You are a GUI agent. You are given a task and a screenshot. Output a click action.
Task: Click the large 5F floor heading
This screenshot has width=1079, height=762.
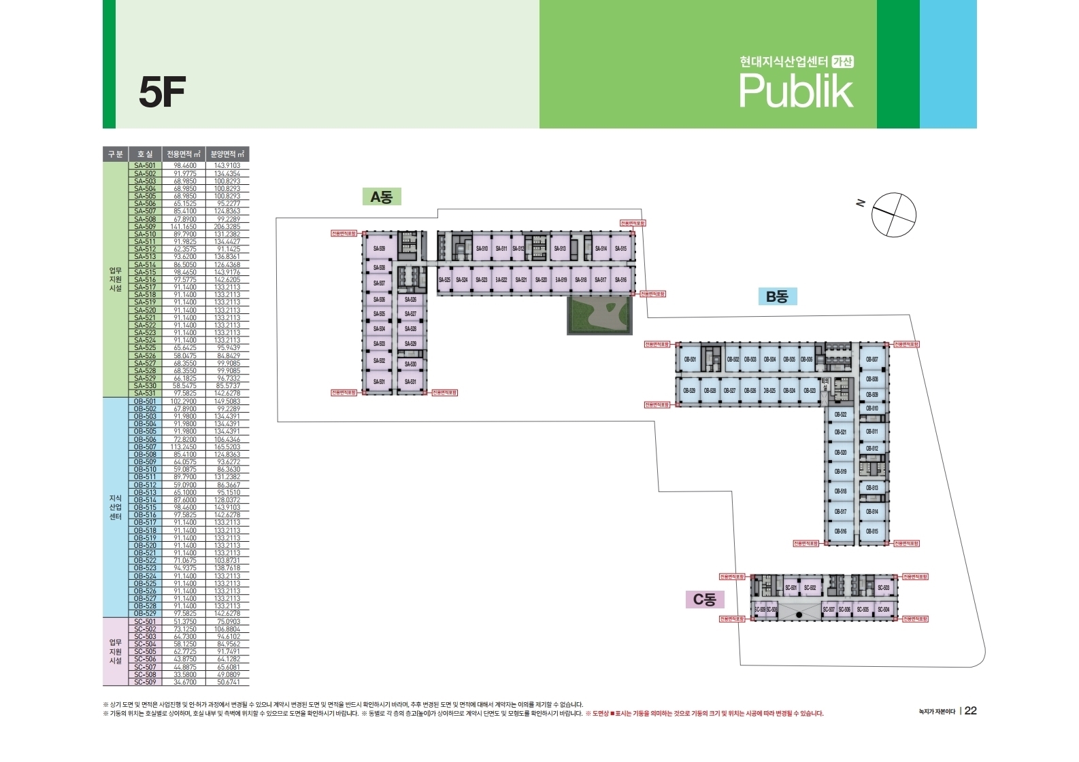point(162,92)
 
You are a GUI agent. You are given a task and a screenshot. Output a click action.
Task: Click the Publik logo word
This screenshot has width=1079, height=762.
point(795,91)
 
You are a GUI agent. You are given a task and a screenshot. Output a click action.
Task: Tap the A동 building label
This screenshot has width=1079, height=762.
point(381,197)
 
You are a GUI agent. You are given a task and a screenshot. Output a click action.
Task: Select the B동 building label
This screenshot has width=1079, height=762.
point(776,296)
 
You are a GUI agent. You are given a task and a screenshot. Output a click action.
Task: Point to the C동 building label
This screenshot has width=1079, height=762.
point(704,600)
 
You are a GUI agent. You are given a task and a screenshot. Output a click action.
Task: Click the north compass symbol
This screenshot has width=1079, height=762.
point(893,215)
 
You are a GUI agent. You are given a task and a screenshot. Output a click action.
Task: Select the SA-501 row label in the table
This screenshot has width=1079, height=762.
point(145,166)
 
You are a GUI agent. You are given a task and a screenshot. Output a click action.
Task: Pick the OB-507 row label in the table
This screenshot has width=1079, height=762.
point(145,447)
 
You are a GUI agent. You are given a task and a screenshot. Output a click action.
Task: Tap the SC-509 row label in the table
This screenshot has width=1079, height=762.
point(145,682)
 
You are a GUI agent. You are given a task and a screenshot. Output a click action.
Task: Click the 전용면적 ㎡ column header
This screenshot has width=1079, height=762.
point(184,154)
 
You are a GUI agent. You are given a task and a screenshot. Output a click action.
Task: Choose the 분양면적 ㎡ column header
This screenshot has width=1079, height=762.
point(227,154)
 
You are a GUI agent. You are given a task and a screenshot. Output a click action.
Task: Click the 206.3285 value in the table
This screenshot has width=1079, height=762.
point(227,227)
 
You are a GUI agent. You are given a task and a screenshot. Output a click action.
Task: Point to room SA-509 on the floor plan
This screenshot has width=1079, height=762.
point(379,249)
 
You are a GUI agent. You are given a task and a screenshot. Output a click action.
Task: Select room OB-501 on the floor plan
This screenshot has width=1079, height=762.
point(690,359)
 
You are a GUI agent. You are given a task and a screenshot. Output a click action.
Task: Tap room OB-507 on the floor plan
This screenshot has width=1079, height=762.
point(871,359)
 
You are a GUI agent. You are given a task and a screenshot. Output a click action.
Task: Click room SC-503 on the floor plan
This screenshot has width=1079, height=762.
point(883,587)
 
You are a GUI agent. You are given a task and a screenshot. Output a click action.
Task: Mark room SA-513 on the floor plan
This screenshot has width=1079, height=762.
point(559,249)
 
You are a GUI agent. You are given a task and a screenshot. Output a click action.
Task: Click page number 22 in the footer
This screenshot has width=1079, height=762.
point(971,710)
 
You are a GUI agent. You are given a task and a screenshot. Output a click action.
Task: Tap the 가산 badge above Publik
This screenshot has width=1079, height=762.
point(843,62)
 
